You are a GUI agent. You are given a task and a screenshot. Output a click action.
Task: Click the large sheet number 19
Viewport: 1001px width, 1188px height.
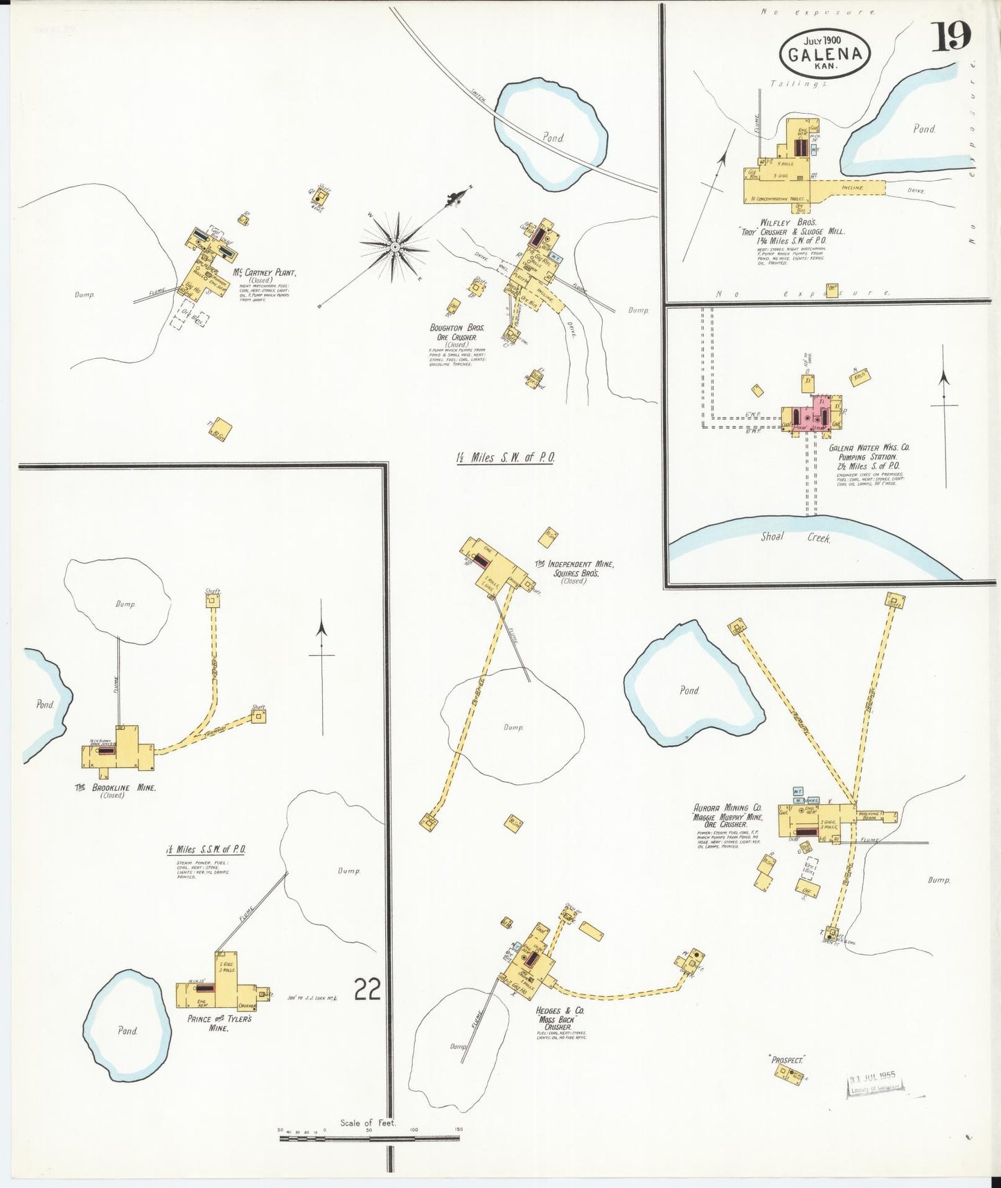[x=950, y=37]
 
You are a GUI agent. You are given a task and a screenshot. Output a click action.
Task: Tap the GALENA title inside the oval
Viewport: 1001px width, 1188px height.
[x=824, y=54]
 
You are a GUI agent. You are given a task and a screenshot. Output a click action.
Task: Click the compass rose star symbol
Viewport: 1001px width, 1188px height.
[x=394, y=246]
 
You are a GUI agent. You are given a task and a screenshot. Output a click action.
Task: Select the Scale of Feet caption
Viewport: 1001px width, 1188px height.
[x=368, y=1123]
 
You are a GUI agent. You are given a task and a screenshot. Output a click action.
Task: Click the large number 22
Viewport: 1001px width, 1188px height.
[x=367, y=989]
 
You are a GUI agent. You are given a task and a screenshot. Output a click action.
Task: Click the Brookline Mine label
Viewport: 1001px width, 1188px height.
[x=116, y=788]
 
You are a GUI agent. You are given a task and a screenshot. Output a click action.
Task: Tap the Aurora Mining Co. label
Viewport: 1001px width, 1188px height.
[x=727, y=807]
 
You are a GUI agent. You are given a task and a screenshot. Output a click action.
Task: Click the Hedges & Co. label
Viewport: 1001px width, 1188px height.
[x=560, y=1011]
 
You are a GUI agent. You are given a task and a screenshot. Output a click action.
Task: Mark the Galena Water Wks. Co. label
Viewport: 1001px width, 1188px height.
[x=869, y=448]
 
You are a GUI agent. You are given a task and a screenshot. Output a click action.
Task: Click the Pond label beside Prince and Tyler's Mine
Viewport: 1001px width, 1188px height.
[x=127, y=1031]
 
